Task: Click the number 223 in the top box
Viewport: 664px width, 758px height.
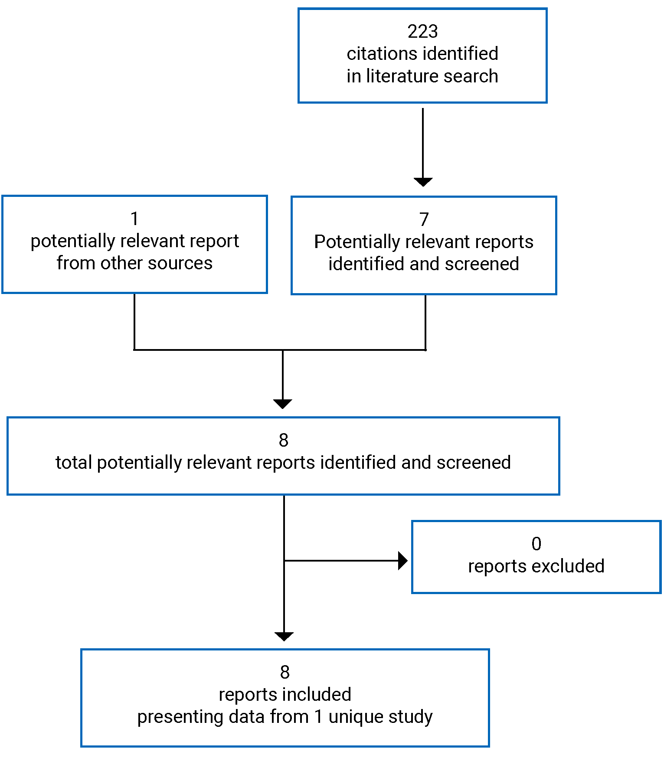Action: [x=422, y=32]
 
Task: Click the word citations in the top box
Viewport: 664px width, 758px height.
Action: [x=375, y=54]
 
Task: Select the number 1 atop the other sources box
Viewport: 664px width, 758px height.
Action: [x=134, y=219]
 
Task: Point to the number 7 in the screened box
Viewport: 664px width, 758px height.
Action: [x=424, y=219]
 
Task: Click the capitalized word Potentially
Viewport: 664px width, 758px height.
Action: [x=356, y=242]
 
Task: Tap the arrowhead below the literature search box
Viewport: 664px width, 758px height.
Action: [x=423, y=182]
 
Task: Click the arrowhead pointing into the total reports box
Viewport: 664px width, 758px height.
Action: [x=283, y=404]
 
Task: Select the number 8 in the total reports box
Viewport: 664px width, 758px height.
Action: [x=283, y=441]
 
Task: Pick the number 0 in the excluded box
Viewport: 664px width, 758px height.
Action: [x=536, y=544]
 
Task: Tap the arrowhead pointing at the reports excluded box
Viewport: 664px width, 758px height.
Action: [x=402, y=561]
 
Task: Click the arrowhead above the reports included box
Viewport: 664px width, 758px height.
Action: [x=284, y=636]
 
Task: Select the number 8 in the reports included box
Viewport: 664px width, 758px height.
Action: [x=285, y=673]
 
